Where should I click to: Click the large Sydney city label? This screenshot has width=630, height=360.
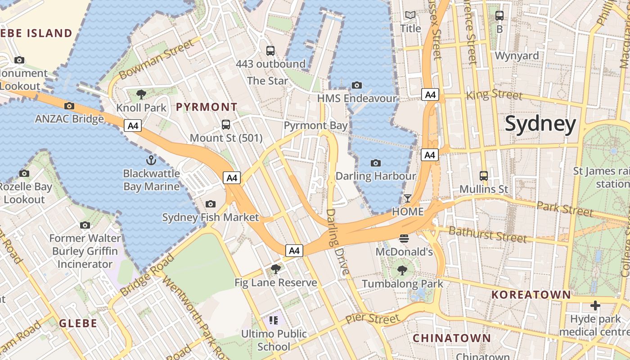(540, 124)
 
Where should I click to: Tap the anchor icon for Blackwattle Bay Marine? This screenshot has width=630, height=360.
(151, 160)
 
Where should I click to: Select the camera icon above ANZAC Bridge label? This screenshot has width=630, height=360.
(69, 106)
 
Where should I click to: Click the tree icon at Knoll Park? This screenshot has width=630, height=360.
(141, 94)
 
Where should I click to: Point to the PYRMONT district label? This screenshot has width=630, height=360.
(207, 107)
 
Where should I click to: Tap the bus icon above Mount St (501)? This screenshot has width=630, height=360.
(226, 125)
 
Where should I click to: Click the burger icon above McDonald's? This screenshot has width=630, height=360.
(404, 238)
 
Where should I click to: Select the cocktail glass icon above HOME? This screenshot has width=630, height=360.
(408, 198)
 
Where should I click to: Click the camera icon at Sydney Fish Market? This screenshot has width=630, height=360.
(210, 204)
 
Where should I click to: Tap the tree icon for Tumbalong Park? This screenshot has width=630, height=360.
(402, 270)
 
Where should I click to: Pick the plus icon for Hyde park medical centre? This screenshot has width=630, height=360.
(595, 306)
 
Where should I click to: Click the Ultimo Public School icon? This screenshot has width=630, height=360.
(274, 320)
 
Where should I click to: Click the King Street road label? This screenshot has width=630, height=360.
(495, 94)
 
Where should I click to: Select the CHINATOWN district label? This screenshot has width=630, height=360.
(452, 338)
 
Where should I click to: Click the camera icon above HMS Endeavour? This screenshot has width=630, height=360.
(357, 85)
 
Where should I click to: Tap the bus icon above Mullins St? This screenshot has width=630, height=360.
(484, 175)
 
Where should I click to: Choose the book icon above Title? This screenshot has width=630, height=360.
(410, 15)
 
